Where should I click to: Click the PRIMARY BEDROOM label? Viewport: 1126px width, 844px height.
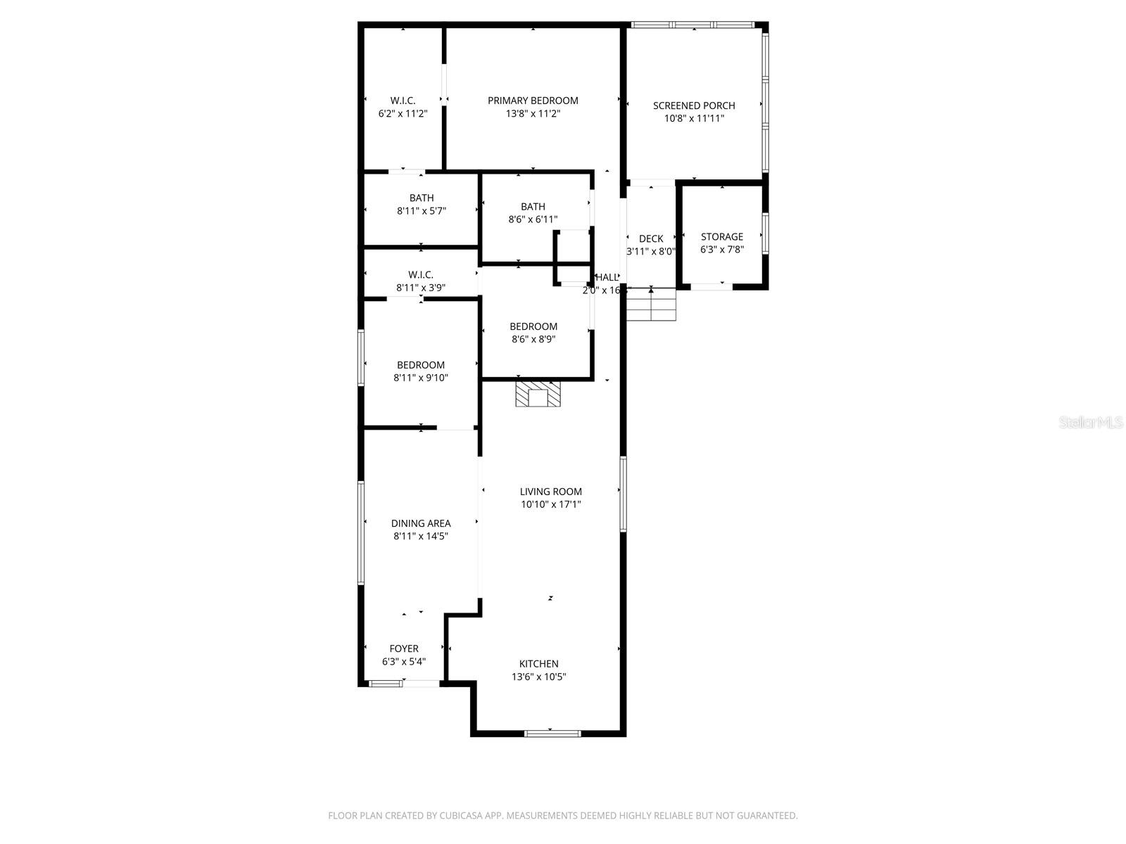coord(533,101)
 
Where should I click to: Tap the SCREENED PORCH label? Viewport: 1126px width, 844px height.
coord(694,105)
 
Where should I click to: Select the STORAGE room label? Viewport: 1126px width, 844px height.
coord(721,237)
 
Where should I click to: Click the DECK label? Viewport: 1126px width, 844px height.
coord(651,239)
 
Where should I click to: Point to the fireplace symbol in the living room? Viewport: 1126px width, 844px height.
coord(538,395)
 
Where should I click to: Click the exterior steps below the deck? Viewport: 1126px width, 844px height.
coord(652,305)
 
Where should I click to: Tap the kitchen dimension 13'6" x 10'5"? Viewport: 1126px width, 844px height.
coord(538,677)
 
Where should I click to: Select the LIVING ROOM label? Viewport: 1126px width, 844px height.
coord(550,492)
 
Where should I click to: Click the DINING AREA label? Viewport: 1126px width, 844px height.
coord(421,523)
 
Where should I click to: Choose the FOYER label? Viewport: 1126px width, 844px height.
coord(404,648)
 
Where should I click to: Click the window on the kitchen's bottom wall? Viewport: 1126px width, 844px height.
coord(552,734)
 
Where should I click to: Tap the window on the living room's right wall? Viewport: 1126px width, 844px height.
coord(623,494)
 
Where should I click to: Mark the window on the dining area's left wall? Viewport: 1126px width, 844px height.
coord(361,532)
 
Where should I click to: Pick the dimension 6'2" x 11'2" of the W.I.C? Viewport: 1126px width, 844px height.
coord(403,113)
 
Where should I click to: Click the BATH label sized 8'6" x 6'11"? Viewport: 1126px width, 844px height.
coord(533,207)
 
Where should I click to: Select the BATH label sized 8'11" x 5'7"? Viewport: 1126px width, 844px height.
coord(422,198)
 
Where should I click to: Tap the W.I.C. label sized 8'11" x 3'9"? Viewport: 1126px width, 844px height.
coord(421,275)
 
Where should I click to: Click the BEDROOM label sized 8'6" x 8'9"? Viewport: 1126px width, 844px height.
coord(533,326)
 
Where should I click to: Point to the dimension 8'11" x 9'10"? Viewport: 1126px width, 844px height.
coord(421,378)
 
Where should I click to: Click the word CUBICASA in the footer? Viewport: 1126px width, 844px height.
coord(461,816)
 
